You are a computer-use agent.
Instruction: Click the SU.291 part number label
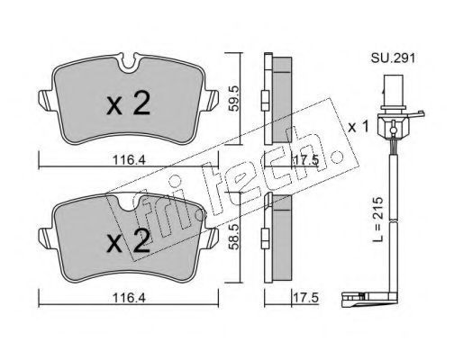[393, 58]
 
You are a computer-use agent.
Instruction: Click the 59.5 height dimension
[233, 98]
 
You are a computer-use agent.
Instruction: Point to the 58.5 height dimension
[233, 236]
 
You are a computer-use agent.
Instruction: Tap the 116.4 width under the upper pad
[129, 160]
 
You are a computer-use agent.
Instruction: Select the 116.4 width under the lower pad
[129, 298]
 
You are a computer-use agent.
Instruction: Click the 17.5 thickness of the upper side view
[305, 160]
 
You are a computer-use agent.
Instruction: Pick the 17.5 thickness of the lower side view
[305, 298]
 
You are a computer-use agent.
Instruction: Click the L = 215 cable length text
[378, 220]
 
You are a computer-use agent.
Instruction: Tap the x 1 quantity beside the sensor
[358, 127]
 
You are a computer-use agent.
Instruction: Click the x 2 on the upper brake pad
[128, 103]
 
